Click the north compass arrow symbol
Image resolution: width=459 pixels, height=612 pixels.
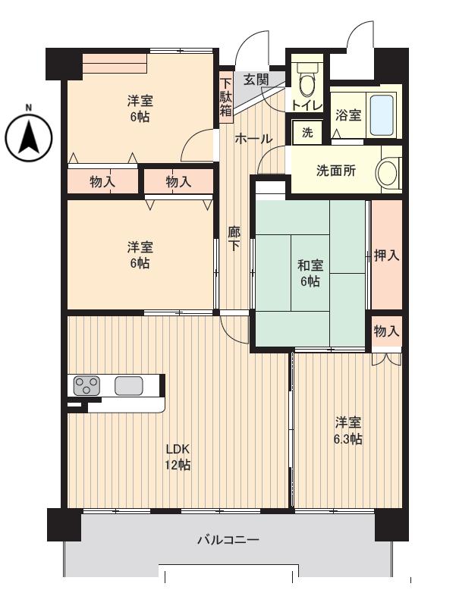click(x=29, y=137)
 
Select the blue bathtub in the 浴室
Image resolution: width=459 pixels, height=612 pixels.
click(x=381, y=115)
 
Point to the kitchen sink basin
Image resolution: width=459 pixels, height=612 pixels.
click(x=129, y=385)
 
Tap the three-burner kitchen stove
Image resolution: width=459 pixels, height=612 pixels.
click(x=87, y=385)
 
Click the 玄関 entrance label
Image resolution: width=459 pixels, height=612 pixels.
click(x=256, y=79)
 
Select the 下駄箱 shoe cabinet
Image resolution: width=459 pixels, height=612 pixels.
click(x=226, y=97)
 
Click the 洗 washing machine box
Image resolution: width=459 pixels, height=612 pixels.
click(x=307, y=132)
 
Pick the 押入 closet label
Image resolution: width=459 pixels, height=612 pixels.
click(x=386, y=256)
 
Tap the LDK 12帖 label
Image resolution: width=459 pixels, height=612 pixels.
click(x=178, y=457)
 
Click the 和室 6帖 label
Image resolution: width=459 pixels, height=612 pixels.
click(x=310, y=273)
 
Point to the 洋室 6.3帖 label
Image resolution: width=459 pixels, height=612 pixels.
click(x=347, y=431)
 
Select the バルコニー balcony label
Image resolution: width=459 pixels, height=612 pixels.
click(x=228, y=540)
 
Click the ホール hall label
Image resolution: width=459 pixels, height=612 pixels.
click(x=253, y=139)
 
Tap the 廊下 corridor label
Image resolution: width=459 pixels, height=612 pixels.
click(x=234, y=238)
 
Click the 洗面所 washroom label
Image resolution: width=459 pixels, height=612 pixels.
click(x=336, y=171)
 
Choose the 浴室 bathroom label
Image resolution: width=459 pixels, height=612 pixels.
click(x=348, y=115)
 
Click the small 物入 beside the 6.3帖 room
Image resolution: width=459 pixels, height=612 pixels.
click(x=386, y=331)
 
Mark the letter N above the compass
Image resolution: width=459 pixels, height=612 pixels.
click(x=29, y=108)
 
